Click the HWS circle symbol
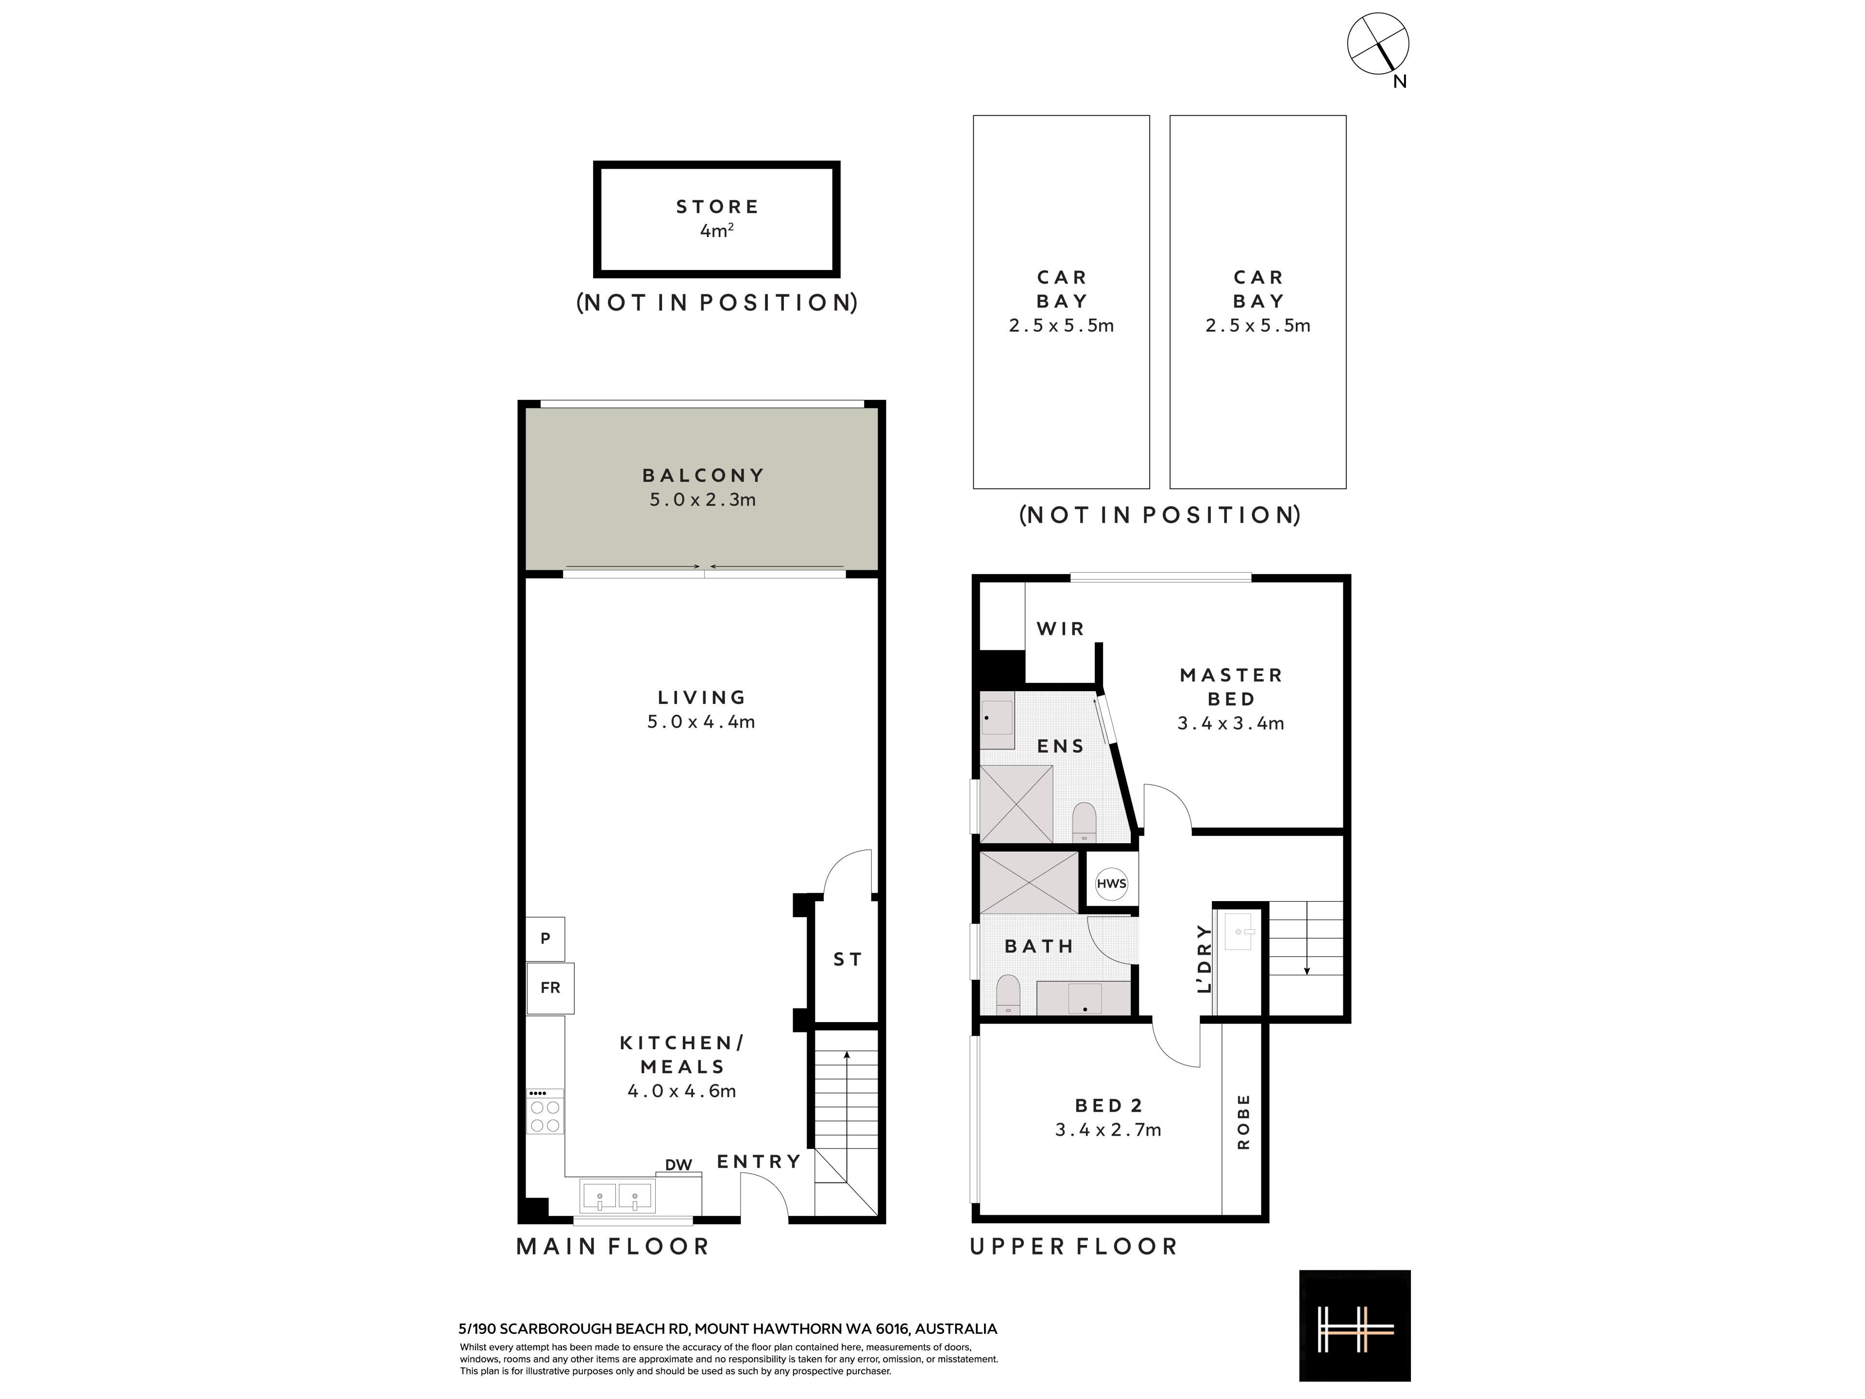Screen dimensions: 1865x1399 click(x=1111, y=883)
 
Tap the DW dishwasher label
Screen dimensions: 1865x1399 click(x=678, y=1164)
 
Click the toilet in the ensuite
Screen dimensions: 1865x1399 click(x=1084, y=822)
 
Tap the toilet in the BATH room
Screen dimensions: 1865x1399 click(x=1008, y=994)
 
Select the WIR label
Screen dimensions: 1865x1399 click(x=1060, y=628)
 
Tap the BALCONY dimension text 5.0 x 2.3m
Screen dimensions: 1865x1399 click(x=702, y=499)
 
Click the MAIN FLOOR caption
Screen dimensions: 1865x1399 click(x=613, y=1246)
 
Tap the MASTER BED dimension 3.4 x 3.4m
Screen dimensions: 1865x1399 click(x=1231, y=723)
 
